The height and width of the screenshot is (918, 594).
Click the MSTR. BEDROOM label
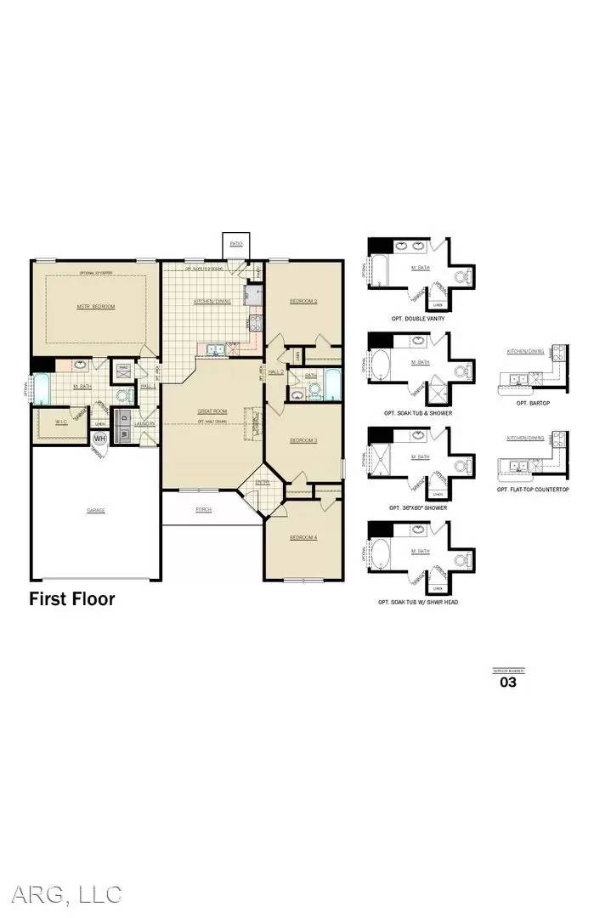click(x=95, y=306)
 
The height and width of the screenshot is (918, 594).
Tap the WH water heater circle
click(x=100, y=438)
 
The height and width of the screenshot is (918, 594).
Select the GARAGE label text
click(x=95, y=511)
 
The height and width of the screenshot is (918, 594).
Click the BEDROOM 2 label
click(x=303, y=301)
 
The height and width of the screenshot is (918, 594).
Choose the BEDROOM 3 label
click(x=303, y=440)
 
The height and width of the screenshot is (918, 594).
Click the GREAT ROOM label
click(x=212, y=411)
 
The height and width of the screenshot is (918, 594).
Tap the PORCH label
click(x=203, y=510)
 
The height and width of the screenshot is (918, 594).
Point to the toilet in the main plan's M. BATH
click(x=122, y=395)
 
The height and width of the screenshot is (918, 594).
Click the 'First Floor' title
click(x=72, y=599)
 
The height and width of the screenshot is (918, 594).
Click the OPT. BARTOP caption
click(x=534, y=403)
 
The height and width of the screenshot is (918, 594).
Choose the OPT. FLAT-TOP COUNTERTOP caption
click(x=534, y=490)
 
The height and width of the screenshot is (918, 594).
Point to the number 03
click(x=507, y=682)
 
